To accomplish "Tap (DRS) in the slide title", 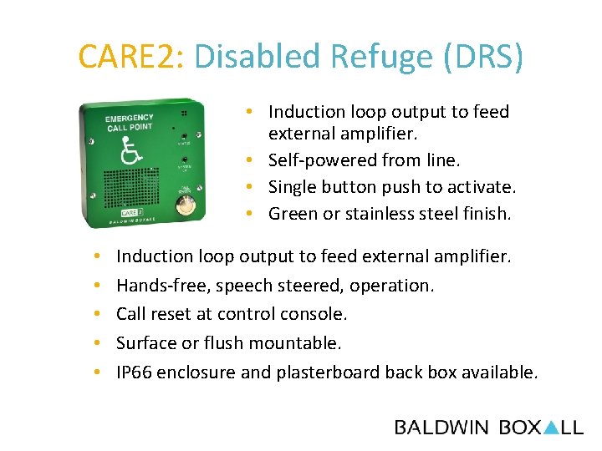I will (486, 57).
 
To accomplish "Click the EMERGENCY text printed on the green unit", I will (130, 119).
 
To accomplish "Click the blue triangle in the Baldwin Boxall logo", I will (551, 428).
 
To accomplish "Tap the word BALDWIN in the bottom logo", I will (441, 428).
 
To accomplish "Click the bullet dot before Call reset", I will (98, 314).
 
